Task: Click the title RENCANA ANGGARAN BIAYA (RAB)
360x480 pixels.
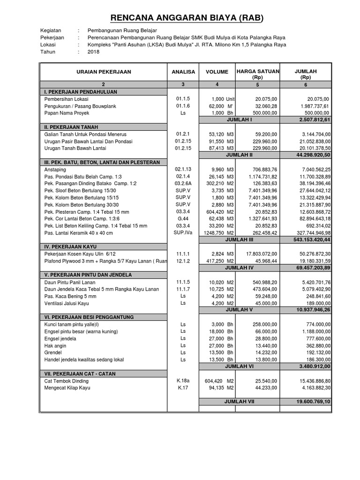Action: (187, 18)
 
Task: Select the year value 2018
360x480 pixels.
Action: (94, 52)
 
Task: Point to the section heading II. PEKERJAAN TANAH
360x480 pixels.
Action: (71, 127)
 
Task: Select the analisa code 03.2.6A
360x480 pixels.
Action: (182, 183)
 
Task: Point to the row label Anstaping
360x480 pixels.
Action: (56, 169)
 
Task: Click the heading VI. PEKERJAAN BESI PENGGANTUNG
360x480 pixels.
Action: (89, 317)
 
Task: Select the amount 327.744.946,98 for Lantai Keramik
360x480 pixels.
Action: (310, 232)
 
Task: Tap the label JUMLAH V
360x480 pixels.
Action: (239, 310)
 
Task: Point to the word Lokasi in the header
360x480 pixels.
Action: (48, 45)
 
